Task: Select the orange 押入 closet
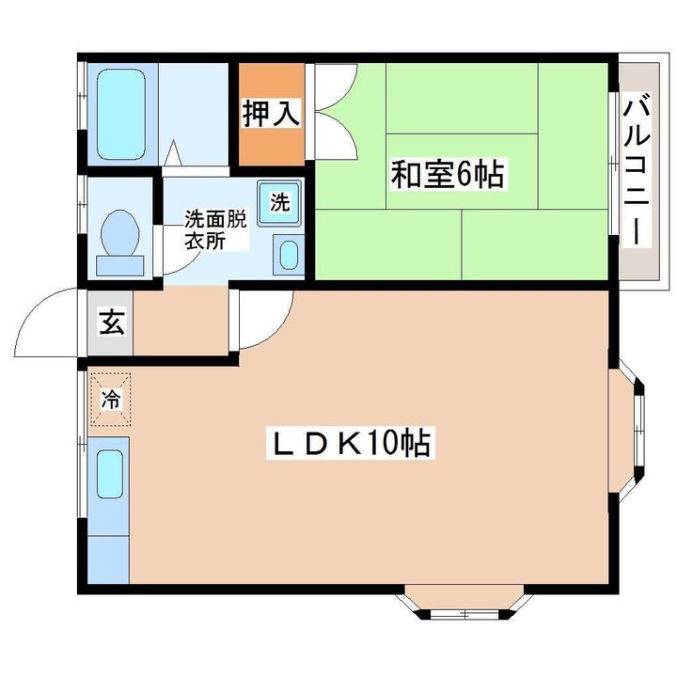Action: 271,113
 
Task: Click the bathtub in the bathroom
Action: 119,110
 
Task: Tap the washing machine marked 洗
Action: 280,202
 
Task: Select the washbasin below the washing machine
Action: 289,254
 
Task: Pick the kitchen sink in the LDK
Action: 110,473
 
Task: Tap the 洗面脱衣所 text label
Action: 214,228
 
